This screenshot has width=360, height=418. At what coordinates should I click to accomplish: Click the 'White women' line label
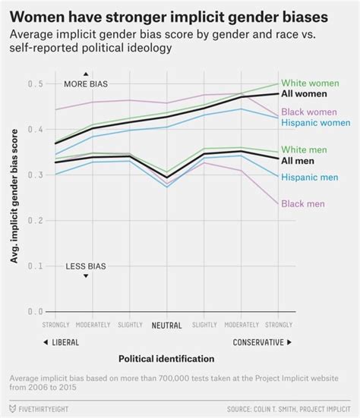311,83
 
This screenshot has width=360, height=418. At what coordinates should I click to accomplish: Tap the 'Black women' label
311,112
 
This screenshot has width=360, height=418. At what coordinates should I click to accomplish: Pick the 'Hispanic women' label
316,123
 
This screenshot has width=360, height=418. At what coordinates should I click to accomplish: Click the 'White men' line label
305,149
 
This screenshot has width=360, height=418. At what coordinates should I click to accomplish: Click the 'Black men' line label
303,203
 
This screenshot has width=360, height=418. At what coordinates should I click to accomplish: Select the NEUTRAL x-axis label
166,325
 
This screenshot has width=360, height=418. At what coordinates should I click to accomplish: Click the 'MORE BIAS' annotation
85,83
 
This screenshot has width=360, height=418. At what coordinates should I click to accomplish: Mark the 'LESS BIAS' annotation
85,266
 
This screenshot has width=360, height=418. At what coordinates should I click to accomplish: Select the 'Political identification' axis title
166,358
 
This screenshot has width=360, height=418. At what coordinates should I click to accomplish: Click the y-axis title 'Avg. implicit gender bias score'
14,197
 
